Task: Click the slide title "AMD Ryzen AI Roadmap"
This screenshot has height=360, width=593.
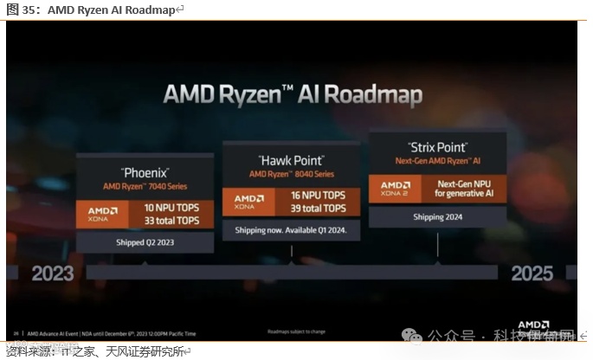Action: point(293,94)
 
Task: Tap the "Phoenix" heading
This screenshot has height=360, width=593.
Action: point(145,172)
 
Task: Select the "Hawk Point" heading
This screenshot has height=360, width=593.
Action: point(291,161)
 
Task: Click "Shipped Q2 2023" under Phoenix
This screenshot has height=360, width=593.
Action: point(145,242)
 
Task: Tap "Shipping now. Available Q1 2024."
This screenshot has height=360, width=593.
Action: point(291,230)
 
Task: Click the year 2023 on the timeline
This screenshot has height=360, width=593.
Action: point(53,273)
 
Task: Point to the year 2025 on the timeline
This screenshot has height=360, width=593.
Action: point(532,273)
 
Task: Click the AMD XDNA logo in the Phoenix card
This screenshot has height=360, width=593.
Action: point(102,215)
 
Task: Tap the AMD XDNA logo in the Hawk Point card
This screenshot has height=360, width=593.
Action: point(249,202)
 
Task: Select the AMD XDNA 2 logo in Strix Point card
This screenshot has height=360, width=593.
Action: point(396,189)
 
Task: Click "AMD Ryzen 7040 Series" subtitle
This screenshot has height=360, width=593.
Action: point(145,186)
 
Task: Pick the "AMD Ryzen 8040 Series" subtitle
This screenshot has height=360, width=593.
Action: point(291,174)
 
